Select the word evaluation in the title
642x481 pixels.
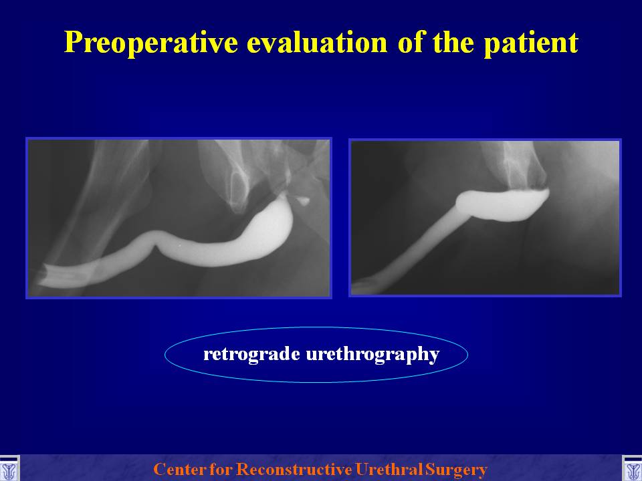[x=317, y=42]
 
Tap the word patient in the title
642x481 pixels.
[x=530, y=43]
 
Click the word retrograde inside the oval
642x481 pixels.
[x=251, y=354]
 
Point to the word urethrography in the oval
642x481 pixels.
[x=372, y=354]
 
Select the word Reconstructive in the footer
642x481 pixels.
[x=294, y=469]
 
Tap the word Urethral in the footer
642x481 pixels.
[x=389, y=469]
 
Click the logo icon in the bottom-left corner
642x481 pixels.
[x=9, y=469]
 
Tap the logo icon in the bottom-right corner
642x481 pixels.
[x=632, y=469]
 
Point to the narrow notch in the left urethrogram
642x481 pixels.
[x=156, y=247]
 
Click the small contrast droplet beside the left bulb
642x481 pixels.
[x=303, y=200]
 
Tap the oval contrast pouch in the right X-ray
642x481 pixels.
[x=504, y=204]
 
